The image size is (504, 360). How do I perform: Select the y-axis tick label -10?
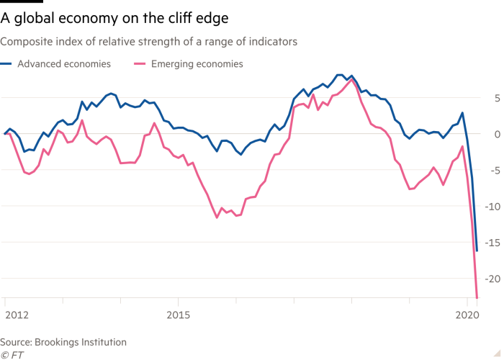[492, 206]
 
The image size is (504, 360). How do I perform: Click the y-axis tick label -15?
[492, 242]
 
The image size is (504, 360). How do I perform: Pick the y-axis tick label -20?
[492, 278]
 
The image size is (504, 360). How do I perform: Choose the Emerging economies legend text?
[196, 64]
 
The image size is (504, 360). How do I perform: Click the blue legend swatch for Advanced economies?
[8, 64]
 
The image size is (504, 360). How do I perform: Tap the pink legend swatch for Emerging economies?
[141, 64]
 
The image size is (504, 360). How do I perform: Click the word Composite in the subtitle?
[29, 42]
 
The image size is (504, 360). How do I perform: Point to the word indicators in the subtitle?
[274, 42]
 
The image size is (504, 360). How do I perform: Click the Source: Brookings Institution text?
[63, 342]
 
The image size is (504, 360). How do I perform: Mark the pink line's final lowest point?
[478, 295]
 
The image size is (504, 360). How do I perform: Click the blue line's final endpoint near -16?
[477, 250]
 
